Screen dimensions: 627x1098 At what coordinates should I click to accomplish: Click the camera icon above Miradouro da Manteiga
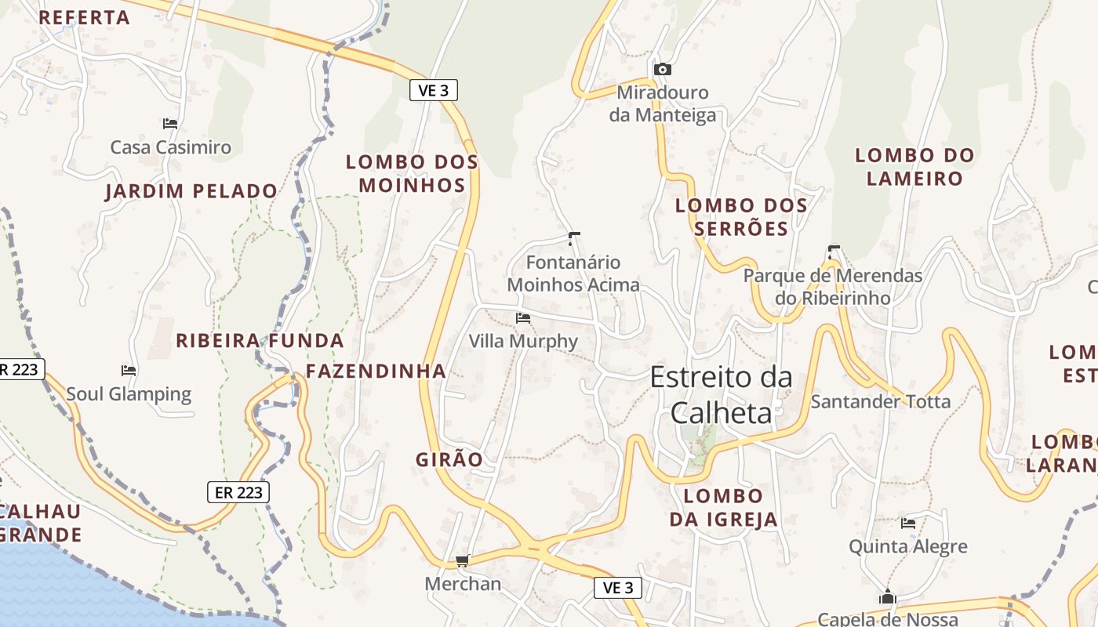coord(663,69)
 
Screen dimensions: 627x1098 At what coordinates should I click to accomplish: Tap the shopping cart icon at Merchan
coord(462,560)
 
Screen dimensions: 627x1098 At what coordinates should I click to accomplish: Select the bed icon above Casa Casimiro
coord(170,123)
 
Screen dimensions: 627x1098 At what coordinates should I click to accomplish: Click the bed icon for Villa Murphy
coord(523,318)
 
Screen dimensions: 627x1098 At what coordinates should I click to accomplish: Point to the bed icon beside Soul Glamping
coord(129,370)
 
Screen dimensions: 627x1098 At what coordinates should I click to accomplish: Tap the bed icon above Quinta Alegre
coord(908,523)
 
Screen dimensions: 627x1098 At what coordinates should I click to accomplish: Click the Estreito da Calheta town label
coord(722,395)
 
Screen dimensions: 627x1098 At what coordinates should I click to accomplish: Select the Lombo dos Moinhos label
coord(412,173)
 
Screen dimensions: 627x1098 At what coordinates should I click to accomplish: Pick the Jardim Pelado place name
coord(191,191)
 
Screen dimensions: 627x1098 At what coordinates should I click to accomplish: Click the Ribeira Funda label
coord(260,341)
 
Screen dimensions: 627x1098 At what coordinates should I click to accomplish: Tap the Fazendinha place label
coord(376,371)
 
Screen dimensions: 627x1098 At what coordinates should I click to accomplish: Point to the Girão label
coord(449,459)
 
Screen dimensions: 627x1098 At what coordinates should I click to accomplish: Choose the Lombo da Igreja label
coord(723,507)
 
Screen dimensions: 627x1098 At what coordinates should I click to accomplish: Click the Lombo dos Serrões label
coord(741,216)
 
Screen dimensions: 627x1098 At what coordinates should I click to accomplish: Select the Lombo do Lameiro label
coord(914,166)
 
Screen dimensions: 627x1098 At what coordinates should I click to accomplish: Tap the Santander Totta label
coord(880,402)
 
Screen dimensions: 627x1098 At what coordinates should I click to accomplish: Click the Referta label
coord(84,17)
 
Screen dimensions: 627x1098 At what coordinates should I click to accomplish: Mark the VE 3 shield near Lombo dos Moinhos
coord(433,90)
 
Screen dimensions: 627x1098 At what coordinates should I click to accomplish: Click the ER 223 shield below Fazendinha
coord(238,492)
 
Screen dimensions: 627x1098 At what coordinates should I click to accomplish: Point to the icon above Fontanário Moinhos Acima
coord(574,237)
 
